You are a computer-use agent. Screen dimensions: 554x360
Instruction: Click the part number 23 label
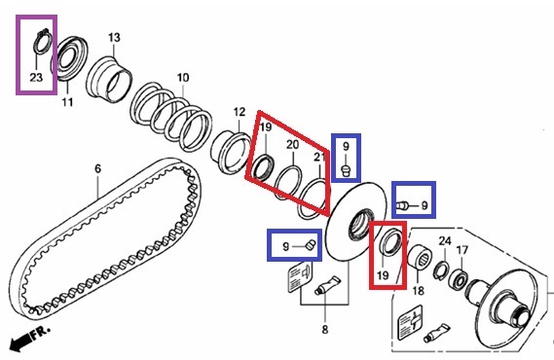click(36, 77)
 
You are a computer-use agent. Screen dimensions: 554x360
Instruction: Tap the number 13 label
click(114, 37)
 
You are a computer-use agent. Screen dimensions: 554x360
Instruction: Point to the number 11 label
click(67, 102)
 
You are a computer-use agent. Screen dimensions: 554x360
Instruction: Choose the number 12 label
click(240, 112)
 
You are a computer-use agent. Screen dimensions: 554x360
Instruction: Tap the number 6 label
click(98, 168)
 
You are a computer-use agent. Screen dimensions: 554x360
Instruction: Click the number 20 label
click(292, 144)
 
